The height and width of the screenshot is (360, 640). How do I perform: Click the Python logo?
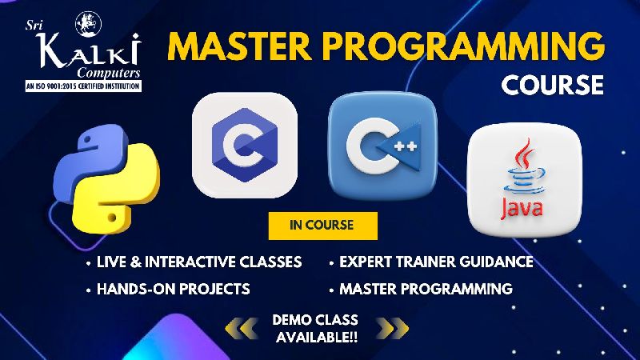[x=106, y=178]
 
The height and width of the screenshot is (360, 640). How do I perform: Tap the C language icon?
[x=245, y=146]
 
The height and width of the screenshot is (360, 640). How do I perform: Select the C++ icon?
[x=382, y=146]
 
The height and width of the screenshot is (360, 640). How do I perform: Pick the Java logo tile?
[x=525, y=180]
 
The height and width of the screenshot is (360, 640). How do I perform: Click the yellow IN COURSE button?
[x=323, y=226]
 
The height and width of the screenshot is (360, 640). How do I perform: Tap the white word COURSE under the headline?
[x=552, y=85]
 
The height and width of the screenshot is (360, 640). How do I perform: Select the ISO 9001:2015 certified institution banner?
[x=83, y=86]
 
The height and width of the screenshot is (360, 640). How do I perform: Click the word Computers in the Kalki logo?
[x=109, y=73]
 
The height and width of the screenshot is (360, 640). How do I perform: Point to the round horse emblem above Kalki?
[x=89, y=24]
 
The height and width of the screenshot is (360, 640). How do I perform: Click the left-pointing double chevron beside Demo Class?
[x=242, y=328]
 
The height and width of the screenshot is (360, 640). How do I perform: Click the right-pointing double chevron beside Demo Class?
[x=392, y=328]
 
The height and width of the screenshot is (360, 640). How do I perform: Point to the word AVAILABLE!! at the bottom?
[x=317, y=337]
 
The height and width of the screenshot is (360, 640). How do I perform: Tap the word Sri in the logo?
[x=34, y=26]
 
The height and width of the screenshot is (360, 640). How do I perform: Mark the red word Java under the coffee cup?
[x=522, y=207]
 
